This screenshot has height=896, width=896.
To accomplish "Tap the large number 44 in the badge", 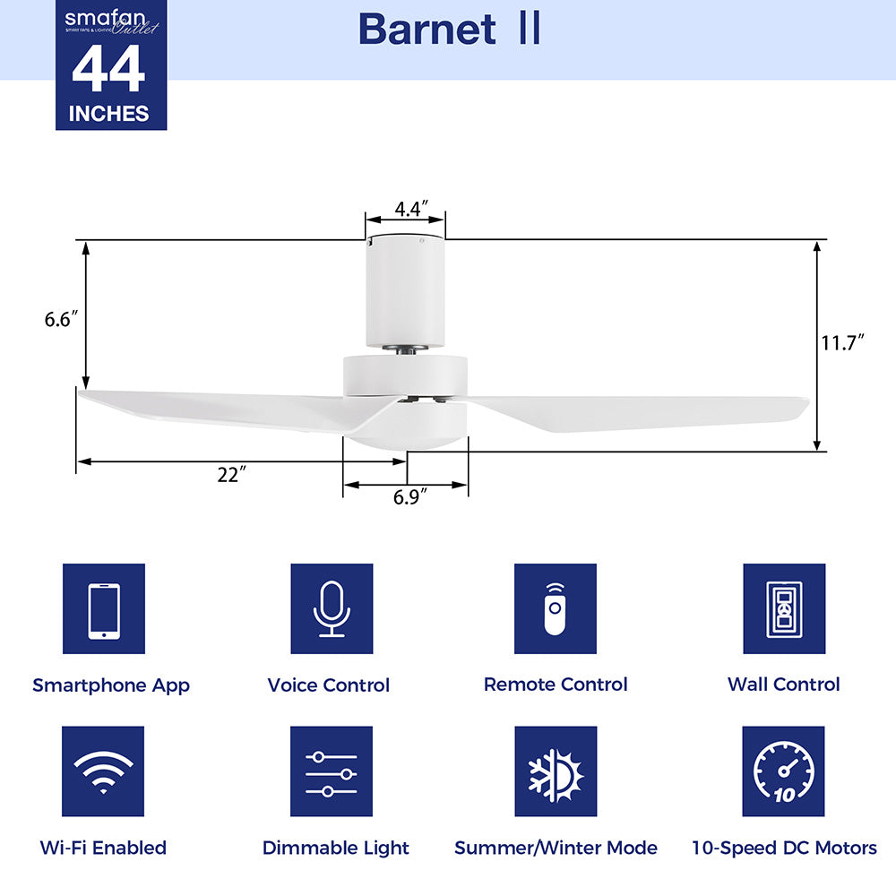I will point(108,71).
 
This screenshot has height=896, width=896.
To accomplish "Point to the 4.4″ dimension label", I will point(409,209).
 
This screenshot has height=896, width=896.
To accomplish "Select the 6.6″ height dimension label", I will point(62,318).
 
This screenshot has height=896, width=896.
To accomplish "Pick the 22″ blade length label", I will point(231,476).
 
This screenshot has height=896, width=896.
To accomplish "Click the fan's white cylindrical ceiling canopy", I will point(405,291).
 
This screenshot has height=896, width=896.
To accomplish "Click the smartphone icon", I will point(104,609).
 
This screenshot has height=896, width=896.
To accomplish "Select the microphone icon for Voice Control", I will point(332,609).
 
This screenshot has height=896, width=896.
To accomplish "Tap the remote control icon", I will point(556,609).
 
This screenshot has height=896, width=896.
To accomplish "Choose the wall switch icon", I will point(784,609).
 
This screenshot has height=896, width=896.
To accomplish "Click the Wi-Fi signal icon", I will point(104,771).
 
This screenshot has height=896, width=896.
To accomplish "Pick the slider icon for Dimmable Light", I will point(332,771).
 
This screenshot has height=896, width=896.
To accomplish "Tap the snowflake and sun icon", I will point(556,771).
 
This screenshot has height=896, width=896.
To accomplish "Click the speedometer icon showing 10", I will point(784,771).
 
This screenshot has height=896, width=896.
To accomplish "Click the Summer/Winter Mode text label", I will point(556,848).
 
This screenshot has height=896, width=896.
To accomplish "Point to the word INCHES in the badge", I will point(109,114).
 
